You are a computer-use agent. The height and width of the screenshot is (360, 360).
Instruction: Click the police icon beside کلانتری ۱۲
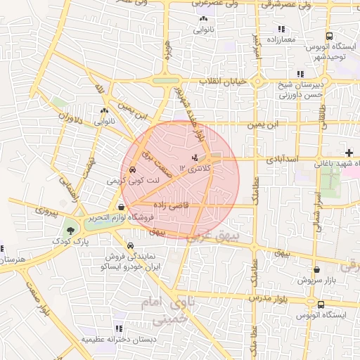click(195, 156)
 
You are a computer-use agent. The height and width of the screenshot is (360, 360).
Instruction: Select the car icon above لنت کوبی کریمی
click(132, 169)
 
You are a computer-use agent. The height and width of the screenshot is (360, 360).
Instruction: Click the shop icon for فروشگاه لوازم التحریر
click(122, 207)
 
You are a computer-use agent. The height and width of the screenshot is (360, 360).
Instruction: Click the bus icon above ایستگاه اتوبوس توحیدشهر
click(328, 37)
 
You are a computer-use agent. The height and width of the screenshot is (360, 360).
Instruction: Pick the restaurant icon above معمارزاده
click(281, 29)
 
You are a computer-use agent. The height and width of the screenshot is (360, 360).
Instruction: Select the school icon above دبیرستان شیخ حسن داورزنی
click(300, 74)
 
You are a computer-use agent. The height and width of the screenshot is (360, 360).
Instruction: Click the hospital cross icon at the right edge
click(349, 153)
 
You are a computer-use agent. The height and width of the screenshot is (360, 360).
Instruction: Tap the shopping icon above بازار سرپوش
click(316, 269)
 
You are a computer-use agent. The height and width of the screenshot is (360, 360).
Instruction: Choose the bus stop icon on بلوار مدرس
click(321, 304)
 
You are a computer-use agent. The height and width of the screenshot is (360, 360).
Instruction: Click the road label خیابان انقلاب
click(223, 82)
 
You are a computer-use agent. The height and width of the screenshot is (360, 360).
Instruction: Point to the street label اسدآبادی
click(282, 160)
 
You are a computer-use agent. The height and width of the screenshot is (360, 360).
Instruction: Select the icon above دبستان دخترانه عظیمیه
click(118, 328)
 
